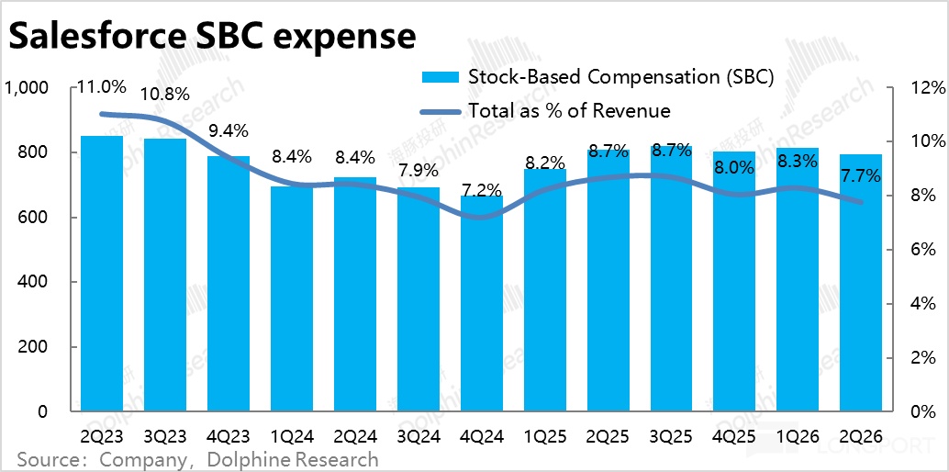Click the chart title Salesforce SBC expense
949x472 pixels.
tap(212, 37)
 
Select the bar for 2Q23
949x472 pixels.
tap(102, 275)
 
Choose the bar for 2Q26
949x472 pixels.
tap(861, 285)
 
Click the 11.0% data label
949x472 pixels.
tap(101, 88)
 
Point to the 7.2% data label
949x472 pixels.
tap(481, 191)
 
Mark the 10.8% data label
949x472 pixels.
tap(165, 94)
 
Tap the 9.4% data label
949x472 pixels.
tap(228, 131)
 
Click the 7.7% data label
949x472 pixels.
tap(862, 175)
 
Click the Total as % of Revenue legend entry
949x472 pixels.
tap(569, 111)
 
